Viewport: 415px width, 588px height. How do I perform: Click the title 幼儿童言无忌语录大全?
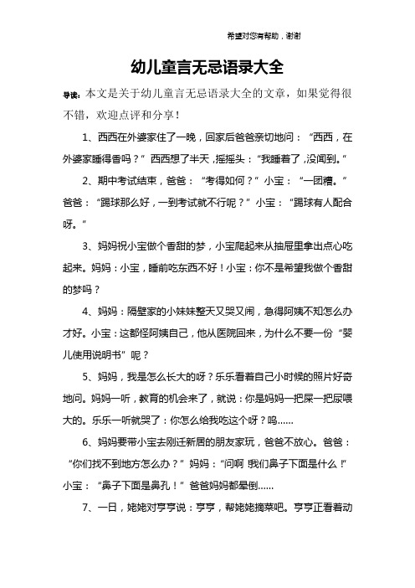coord(207,66)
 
